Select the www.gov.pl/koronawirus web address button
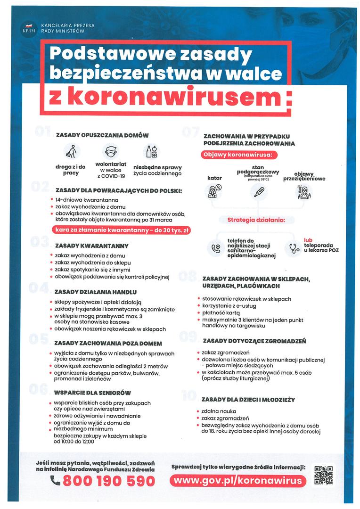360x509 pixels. coord(237,480)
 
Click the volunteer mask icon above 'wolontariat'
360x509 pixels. coord(111,152)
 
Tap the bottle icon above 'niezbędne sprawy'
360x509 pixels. coord(151,152)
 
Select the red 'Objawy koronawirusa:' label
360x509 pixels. coord(239,155)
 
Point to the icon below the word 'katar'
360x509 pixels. coord(214,191)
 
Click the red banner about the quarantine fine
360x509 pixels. coord(121,230)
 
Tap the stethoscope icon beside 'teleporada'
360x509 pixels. coord(294,248)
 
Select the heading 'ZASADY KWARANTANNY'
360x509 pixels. coord(91,246)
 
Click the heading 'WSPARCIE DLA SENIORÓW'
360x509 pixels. coord(92,393)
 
